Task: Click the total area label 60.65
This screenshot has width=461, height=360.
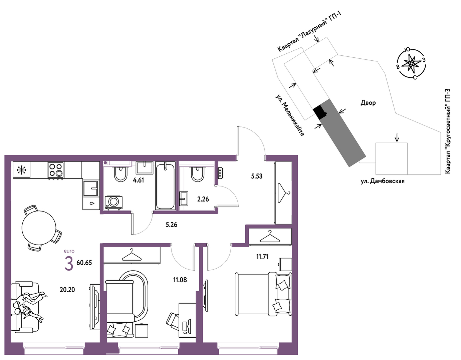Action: tap(84, 263)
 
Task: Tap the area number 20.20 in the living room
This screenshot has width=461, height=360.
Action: tap(67, 290)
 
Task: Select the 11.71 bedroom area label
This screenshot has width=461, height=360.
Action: tap(262, 257)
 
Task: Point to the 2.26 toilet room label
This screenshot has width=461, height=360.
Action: tap(203, 199)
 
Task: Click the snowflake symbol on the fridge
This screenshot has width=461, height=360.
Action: tap(21, 170)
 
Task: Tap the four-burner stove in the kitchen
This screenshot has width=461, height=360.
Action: tap(56, 170)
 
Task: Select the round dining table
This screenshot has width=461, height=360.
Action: tap(39, 228)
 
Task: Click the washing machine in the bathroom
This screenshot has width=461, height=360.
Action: tap(113, 203)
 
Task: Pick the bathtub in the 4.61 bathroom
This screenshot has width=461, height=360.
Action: tap(166, 186)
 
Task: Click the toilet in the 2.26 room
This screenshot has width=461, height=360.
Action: tap(198, 173)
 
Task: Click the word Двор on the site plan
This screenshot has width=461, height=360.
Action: tap(368, 103)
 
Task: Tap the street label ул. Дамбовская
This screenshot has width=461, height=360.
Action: tap(383, 181)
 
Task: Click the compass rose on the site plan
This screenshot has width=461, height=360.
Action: tap(411, 63)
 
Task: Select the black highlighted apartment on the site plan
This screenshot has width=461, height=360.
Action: tap(320, 112)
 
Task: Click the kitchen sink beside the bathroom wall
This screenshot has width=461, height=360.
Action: tap(91, 188)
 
